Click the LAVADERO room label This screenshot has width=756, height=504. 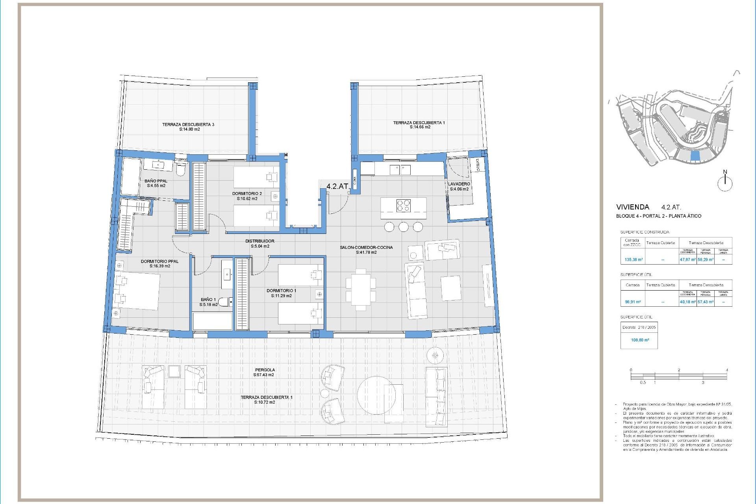pyautogui.click(x=459, y=184)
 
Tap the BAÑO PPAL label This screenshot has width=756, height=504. pyautogui.click(x=156, y=181)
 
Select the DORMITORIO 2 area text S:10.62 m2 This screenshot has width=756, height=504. pyautogui.click(x=247, y=199)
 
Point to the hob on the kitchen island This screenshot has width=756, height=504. pyautogui.click(x=403, y=206)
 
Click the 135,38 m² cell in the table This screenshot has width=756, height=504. pyautogui.click(x=634, y=259)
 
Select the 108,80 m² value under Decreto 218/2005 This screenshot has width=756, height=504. pyautogui.click(x=640, y=340)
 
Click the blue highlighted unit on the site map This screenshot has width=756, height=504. pyautogui.click(x=696, y=156)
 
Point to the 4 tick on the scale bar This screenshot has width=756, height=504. pyautogui.click(x=726, y=370)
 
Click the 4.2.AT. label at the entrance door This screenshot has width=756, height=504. pyautogui.click(x=338, y=186)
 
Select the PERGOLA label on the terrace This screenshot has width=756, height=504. pyautogui.click(x=265, y=370)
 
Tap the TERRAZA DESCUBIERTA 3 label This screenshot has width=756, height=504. pyautogui.click(x=188, y=124)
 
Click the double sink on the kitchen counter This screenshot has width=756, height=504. pyautogui.click(x=400, y=170)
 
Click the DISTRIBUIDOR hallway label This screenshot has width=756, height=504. pyautogui.click(x=259, y=241)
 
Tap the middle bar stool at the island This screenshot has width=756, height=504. pyautogui.click(x=404, y=227)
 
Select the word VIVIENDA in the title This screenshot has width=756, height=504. pyautogui.click(x=632, y=207)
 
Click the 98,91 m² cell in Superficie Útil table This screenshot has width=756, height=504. pyautogui.click(x=633, y=302)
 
